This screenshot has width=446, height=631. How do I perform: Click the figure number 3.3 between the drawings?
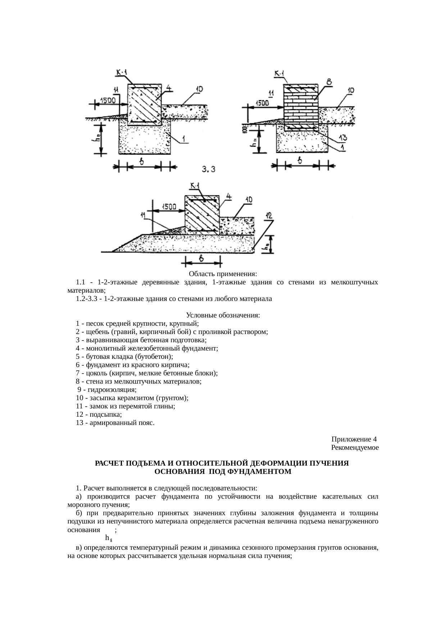pos(209,169)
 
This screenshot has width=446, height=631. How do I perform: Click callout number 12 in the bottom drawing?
pos(269,216)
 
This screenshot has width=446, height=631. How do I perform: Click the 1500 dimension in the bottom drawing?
pos(169,207)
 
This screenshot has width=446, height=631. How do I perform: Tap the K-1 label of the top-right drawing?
pos(279,74)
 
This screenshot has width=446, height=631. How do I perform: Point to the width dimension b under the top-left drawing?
pos(142,163)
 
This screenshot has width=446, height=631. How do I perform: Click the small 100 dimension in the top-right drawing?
pos(244,129)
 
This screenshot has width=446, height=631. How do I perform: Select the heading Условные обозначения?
pos(223,315)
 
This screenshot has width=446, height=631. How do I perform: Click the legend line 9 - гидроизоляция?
pos(107,389)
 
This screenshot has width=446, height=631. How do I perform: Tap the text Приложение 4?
pos(354,439)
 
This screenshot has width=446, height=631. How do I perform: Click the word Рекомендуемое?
pos(355,448)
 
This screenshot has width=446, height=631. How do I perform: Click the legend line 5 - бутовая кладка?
pos(124,357)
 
